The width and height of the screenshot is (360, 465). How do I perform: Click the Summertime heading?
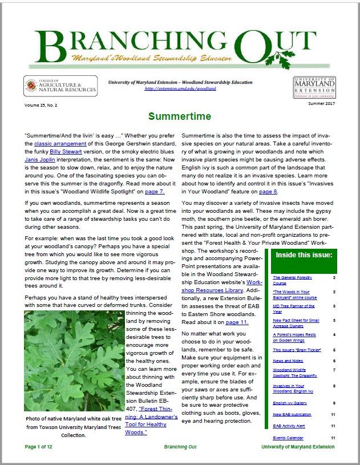(x=180, y=117)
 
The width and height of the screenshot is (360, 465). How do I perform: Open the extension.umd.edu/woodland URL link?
(x=180, y=89)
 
